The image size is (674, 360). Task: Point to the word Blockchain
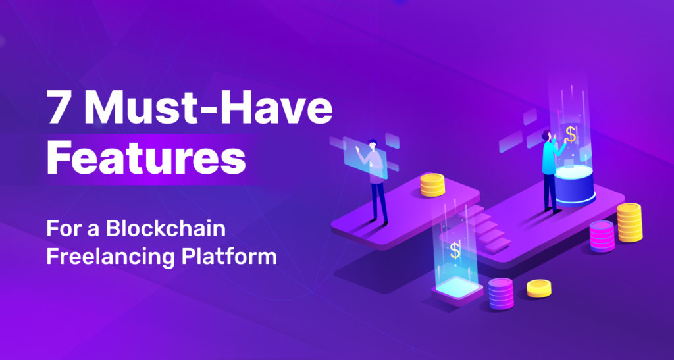[166, 229]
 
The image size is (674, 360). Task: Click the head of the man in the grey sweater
[373, 145]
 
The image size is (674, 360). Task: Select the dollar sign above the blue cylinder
[571, 134]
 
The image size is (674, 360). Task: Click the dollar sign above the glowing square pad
[455, 251]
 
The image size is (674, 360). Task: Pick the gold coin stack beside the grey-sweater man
[432, 185]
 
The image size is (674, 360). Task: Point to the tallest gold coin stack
[630, 222]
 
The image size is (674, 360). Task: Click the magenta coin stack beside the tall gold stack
[602, 237]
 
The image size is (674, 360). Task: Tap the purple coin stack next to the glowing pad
[501, 294]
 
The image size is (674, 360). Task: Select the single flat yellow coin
[539, 288]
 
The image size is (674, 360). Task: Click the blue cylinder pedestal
[575, 185]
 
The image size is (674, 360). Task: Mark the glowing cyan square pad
[457, 288]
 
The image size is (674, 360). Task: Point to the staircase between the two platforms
[484, 227]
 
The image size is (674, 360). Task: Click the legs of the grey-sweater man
[380, 203]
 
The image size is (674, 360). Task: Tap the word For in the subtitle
[59, 230]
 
